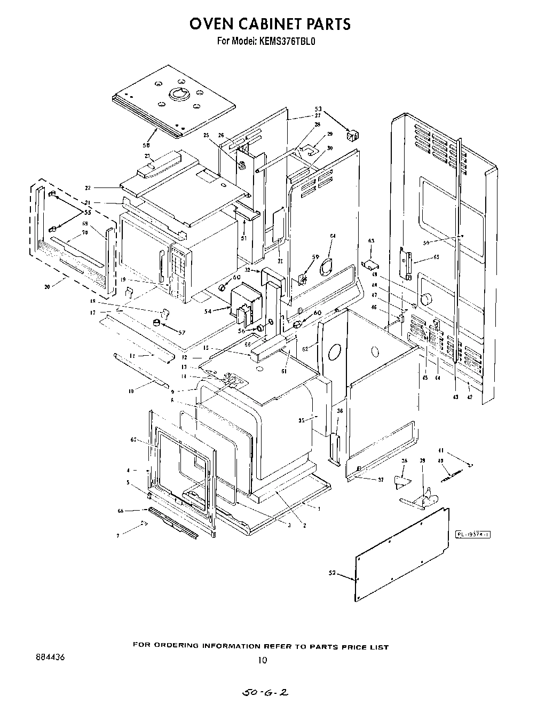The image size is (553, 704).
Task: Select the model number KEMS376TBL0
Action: coord(289,41)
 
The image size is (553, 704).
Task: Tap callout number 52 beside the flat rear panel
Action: coord(333,573)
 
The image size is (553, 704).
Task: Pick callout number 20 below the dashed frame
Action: coord(47,286)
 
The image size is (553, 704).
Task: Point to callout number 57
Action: coord(181,332)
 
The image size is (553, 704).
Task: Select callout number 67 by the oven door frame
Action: coord(133,440)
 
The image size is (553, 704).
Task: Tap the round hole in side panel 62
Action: coord(334,352)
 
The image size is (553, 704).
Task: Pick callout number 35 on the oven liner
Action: coord(301,420)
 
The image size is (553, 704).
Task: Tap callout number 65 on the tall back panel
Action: coord(436,257)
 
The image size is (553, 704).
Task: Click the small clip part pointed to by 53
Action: coord(352,136)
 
